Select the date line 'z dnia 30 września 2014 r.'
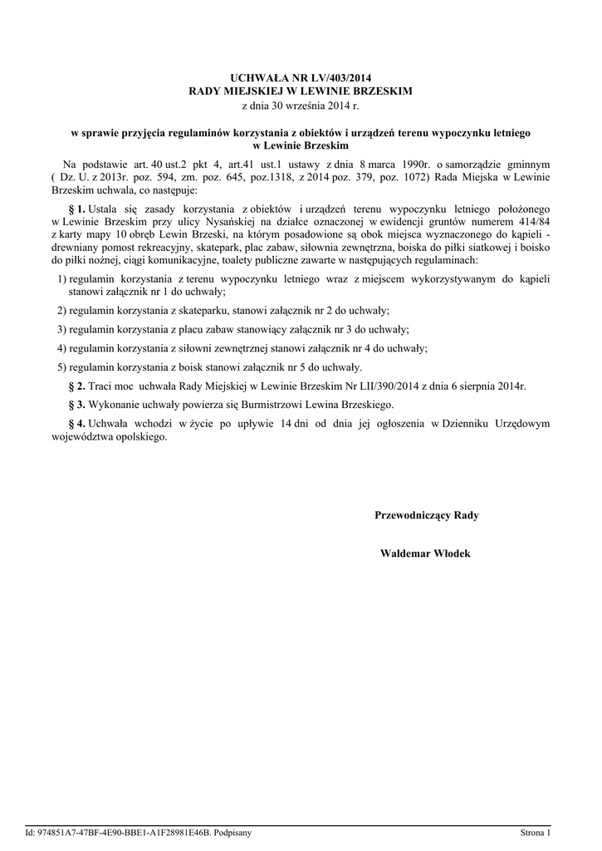(x=301, y=106)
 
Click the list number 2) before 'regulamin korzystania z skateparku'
(x=61, y=310)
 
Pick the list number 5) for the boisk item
(x=61, y=366)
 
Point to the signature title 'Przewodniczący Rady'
(x=427, y=515)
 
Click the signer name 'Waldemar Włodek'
(x=425, y=553)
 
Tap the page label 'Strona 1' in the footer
(x=535, y=832)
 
